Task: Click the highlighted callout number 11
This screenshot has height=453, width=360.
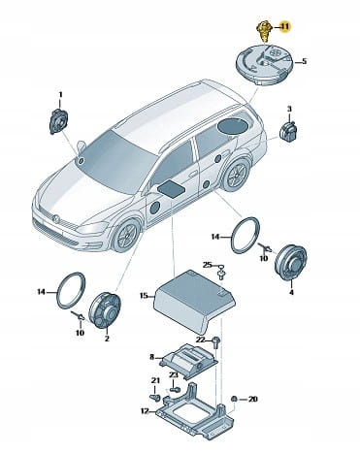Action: coord(284,26)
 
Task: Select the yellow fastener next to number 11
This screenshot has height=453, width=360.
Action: coord(266,32)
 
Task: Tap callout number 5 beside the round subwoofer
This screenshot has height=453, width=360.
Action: coord(304,61)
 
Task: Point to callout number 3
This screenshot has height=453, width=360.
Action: coord(289,109)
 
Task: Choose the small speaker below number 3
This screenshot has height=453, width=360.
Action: coord(288,131)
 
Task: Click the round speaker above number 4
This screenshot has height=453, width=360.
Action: coord(290,263)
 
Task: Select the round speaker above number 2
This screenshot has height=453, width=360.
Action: coord(105,310)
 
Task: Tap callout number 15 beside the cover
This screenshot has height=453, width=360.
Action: coord(145,295)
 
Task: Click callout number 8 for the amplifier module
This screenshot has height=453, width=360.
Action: coord(152,357)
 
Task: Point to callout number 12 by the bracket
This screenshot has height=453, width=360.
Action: coord(145,411)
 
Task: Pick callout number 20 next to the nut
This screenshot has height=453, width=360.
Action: coord(252,399)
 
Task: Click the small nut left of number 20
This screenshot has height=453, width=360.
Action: coord(235,399)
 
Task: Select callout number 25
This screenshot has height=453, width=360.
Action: coord(208,265)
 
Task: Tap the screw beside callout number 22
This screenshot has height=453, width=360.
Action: coord(215,342)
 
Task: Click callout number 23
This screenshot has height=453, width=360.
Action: coord(174,375)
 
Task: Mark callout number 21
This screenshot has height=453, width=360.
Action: coord(155,380)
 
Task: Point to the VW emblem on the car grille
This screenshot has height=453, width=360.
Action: coord(55,219)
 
